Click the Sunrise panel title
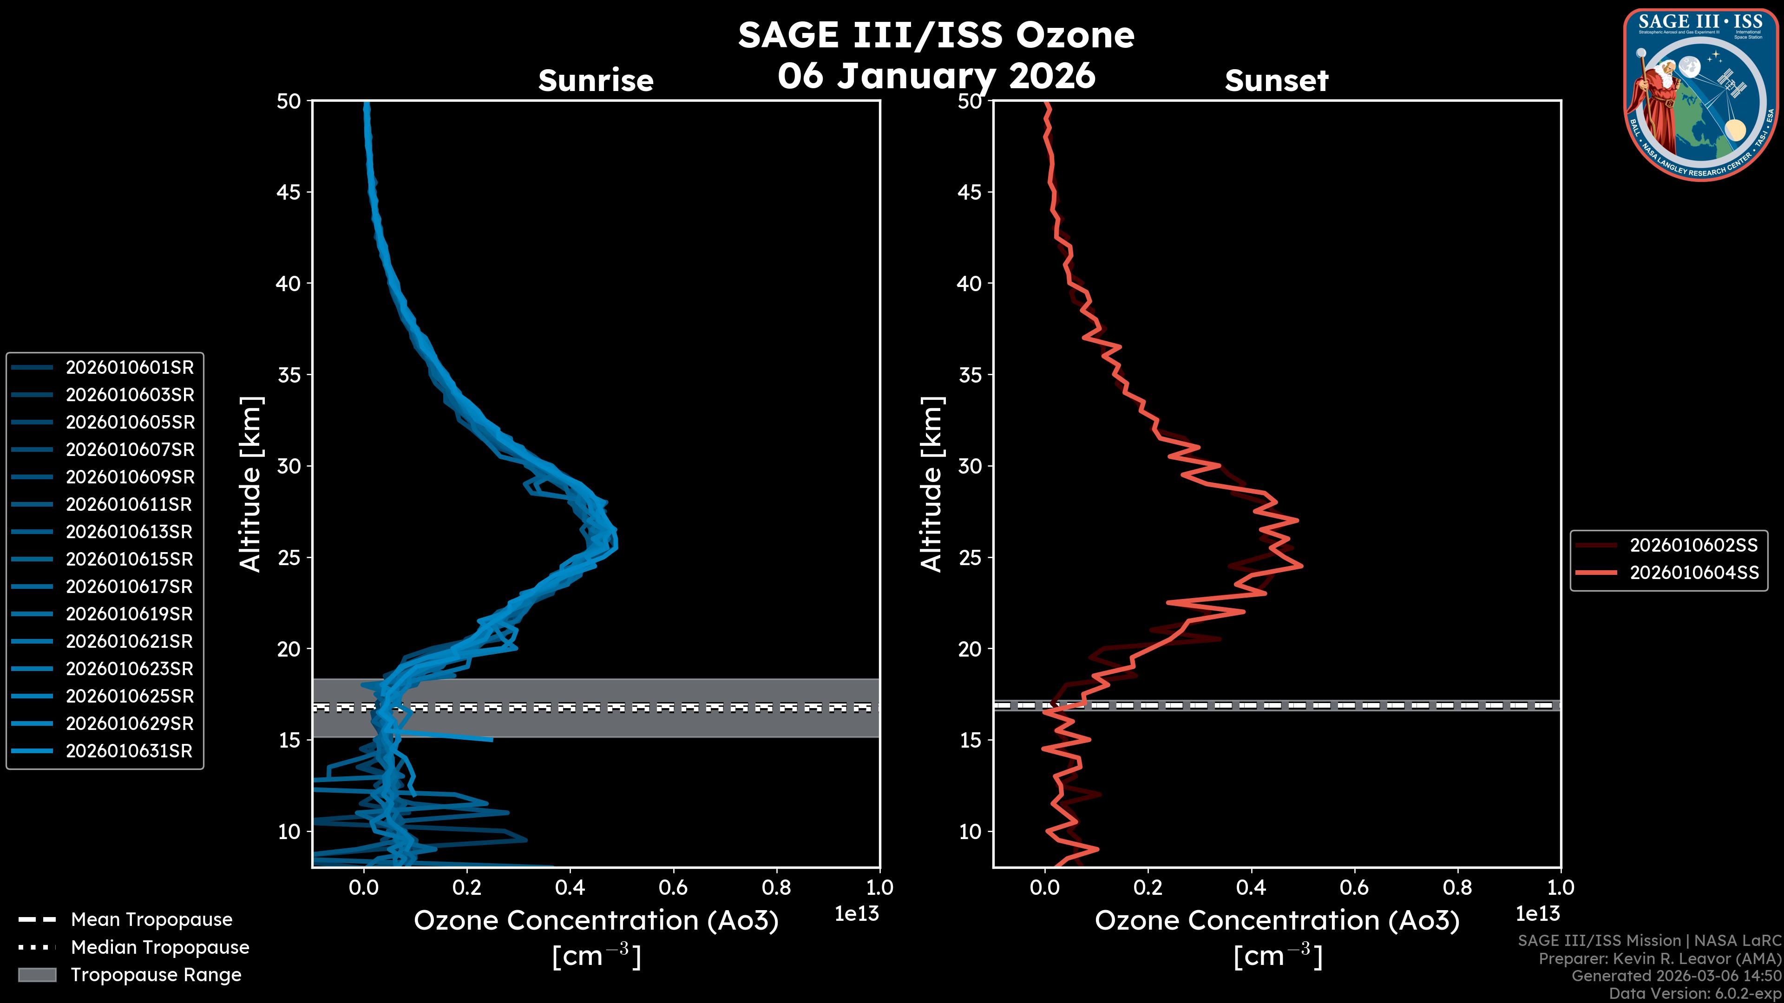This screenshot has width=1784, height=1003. pos(596,80)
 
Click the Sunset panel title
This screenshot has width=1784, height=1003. pos(1276,80)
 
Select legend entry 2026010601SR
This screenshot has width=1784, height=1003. pos(130,367)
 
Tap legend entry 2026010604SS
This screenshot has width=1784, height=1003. pos(1693,573)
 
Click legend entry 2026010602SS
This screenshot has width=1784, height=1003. pos(1693,546)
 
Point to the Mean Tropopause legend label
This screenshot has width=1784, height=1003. pos(151,919)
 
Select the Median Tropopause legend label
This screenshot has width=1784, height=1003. pos(160,947)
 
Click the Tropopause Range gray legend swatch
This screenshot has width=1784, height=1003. pos(37,975)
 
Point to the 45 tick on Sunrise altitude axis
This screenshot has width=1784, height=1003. pos(289,192)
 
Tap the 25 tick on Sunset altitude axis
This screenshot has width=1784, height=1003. pos(970,557)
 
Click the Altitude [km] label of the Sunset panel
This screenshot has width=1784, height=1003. pos(931,484)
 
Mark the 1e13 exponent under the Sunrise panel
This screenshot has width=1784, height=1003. pos(857,914)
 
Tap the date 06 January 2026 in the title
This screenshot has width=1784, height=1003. pos(936,75)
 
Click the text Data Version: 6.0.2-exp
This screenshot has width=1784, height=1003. pos(1695,993)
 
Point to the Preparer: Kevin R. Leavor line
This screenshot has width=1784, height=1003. pos(1659,958)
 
